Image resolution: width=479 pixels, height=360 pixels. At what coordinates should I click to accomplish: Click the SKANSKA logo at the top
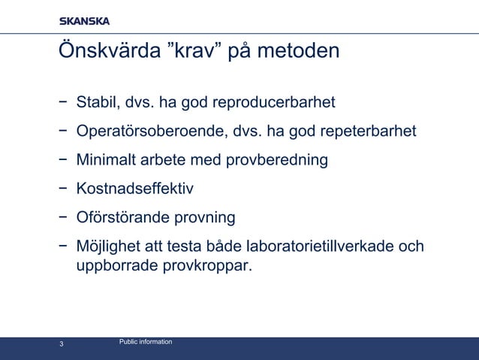[x=85, y=21]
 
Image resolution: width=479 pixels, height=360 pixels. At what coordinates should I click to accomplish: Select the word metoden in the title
[x=297, y=52]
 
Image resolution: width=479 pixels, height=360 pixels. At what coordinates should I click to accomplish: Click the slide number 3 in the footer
[x=62, y=345]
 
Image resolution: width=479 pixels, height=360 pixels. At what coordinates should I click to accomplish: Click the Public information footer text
[x=146, y=342]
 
